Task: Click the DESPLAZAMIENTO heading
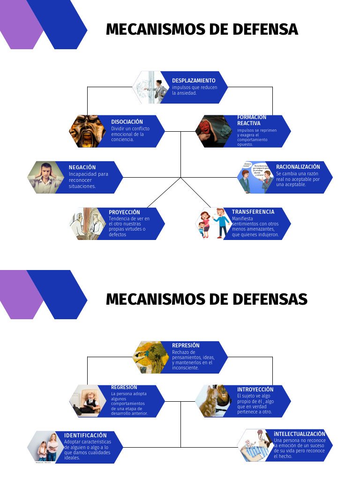tap(194, 81)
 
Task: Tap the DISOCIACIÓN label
tap(127, 122)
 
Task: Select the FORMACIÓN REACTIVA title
tap(251, 120)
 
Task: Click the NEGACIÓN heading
tap(82, 167)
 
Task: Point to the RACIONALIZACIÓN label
tap(298, 167)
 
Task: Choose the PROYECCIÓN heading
tap(124, 212)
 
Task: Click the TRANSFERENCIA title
tap(253, 212)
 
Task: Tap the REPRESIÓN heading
tap(186, 345)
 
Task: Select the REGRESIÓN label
tap(124, 387)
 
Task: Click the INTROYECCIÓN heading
tap(255, 390)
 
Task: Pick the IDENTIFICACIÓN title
tap(85, 435)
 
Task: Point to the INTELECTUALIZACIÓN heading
tap(300, 434)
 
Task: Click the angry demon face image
tap(86, 131)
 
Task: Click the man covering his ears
tap(46, 178)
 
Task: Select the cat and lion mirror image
tap(213, 401)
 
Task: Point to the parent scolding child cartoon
tap(213, 224)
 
